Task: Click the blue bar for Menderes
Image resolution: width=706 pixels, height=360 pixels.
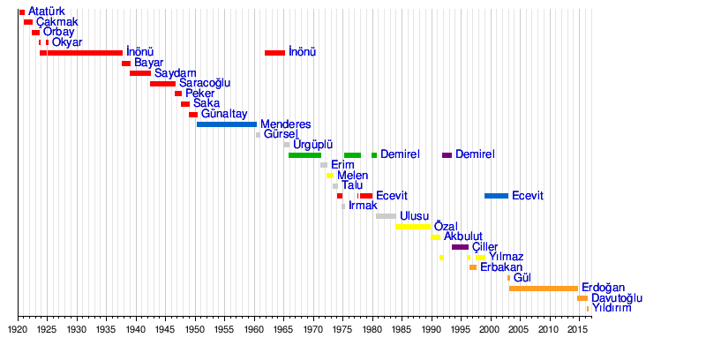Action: tap(226, 124)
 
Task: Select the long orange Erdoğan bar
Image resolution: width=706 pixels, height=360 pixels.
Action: tap(544, 289)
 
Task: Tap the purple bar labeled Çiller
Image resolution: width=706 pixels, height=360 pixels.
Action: tap(460, 247)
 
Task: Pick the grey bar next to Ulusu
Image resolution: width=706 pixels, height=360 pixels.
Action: tap(386, 216)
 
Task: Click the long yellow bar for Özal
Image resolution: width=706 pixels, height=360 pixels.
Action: tap(412, 227)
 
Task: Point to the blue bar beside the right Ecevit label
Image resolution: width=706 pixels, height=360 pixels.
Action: tap(496, 196)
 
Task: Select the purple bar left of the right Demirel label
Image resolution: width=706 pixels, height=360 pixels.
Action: tap(447, 155)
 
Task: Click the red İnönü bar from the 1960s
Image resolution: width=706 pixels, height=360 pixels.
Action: tap(274, 53)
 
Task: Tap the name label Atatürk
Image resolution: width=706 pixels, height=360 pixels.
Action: tap(47, 11)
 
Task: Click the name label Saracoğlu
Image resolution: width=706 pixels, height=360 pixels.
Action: tap(205, 83)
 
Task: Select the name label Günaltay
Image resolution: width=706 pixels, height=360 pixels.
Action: tap(224, 114)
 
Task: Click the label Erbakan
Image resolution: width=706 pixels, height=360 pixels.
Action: tap(501, 267)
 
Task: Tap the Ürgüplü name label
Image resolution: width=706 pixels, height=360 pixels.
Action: tap(312, 145)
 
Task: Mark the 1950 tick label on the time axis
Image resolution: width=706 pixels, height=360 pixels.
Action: tap(195, 329)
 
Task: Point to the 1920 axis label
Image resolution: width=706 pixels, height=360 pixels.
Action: tap(18, 329)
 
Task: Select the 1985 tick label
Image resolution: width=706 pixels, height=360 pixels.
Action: tap(401, 329)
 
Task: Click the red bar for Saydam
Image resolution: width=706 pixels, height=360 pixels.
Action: tap(139, 73)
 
